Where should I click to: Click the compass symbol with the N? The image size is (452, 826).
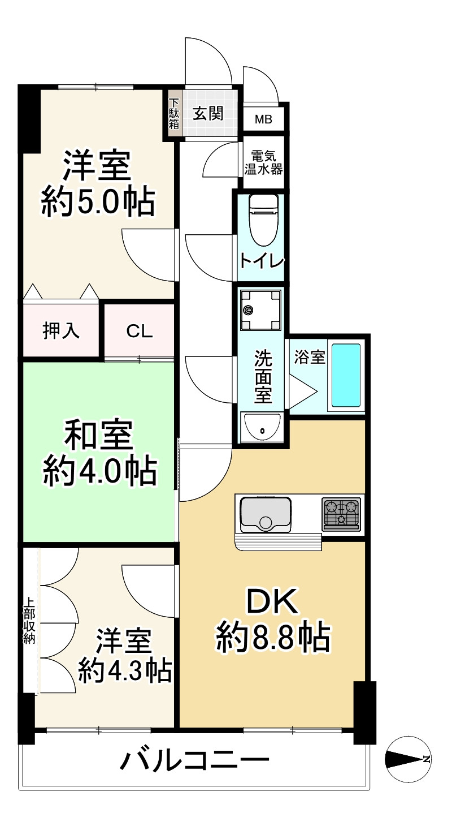pos(408,760)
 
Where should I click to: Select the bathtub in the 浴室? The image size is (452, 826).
pos(346,375)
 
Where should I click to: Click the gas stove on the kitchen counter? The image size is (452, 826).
pos(341,514)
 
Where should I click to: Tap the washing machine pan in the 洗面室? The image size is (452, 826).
pos(260,309)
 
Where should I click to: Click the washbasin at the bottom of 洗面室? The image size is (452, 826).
pos(261,428)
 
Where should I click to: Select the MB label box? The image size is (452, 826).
pos(263,119)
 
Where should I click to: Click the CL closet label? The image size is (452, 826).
pos(139,332)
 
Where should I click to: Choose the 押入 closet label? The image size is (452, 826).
pos(62,332)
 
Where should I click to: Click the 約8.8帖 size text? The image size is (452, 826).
pos(272,638)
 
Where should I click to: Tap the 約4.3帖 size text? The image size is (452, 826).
pos(124,671)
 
